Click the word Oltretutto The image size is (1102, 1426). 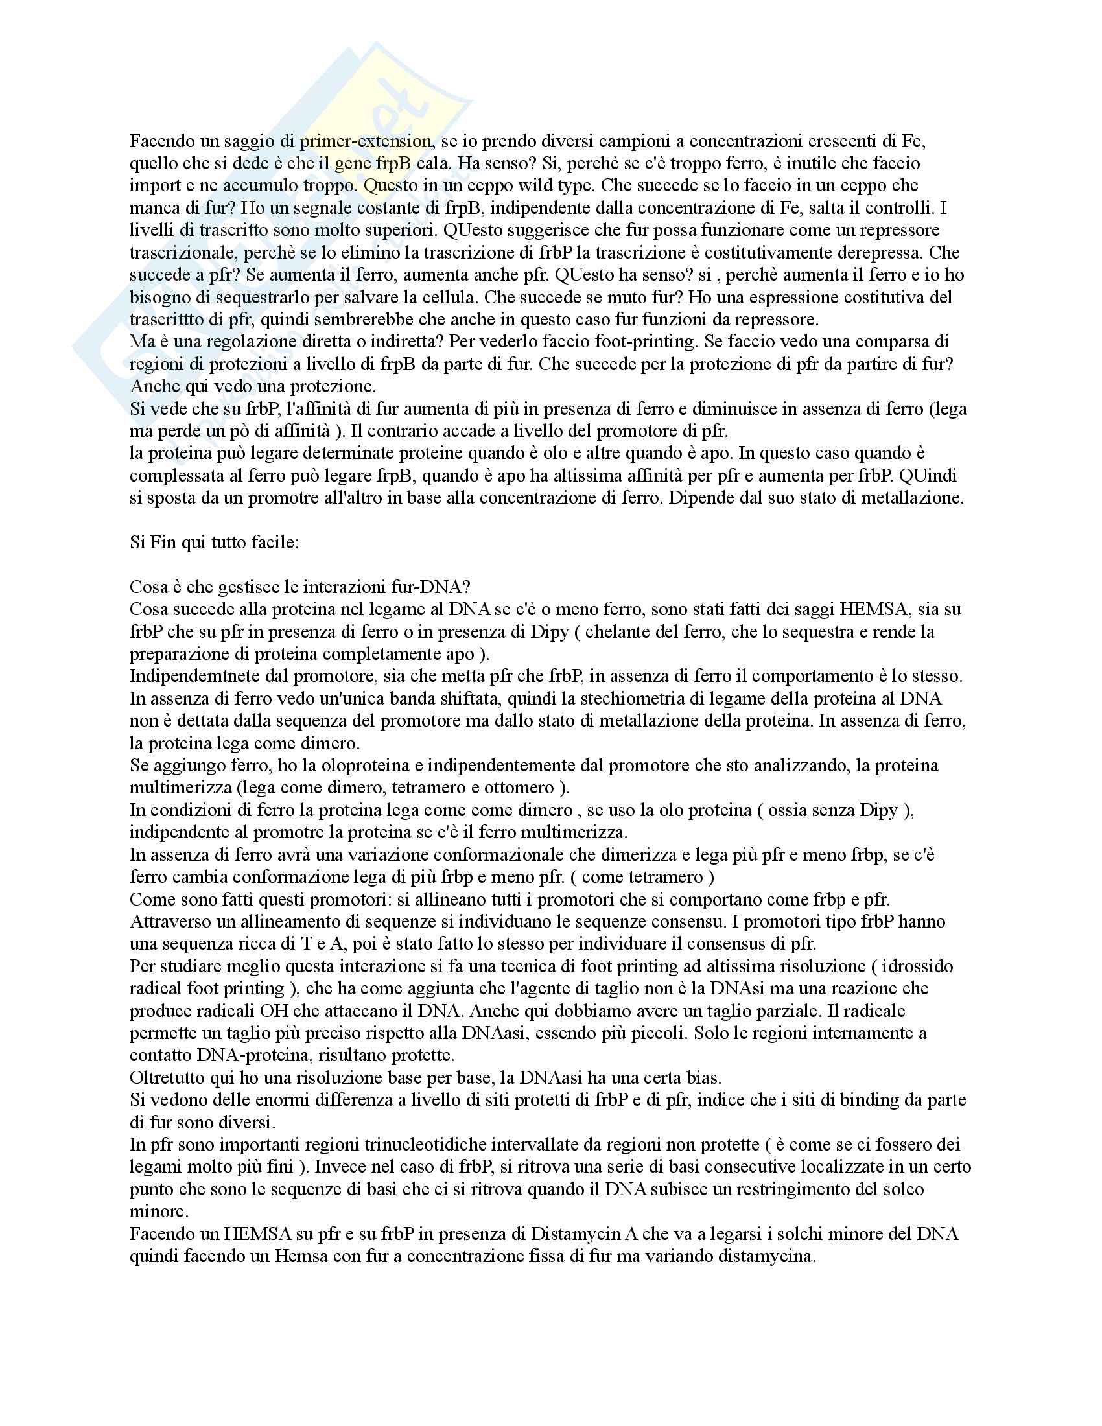[x=167, y=1078]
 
